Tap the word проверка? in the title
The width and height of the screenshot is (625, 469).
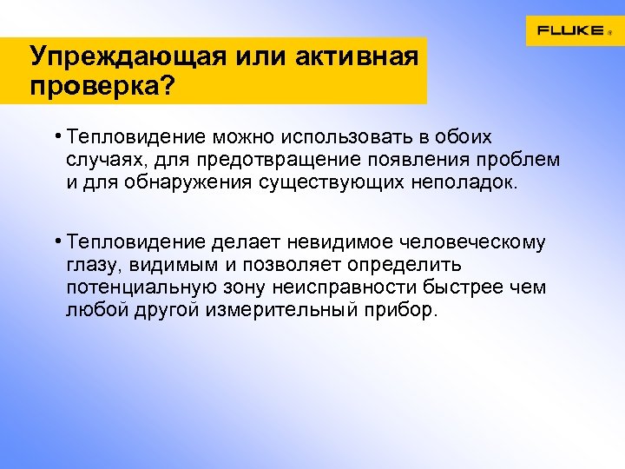coord(101,86)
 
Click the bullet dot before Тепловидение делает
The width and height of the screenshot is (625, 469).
coord(55,238)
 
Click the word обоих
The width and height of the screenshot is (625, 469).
coord(464,137)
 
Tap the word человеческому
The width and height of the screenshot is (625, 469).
coord(483,241)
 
